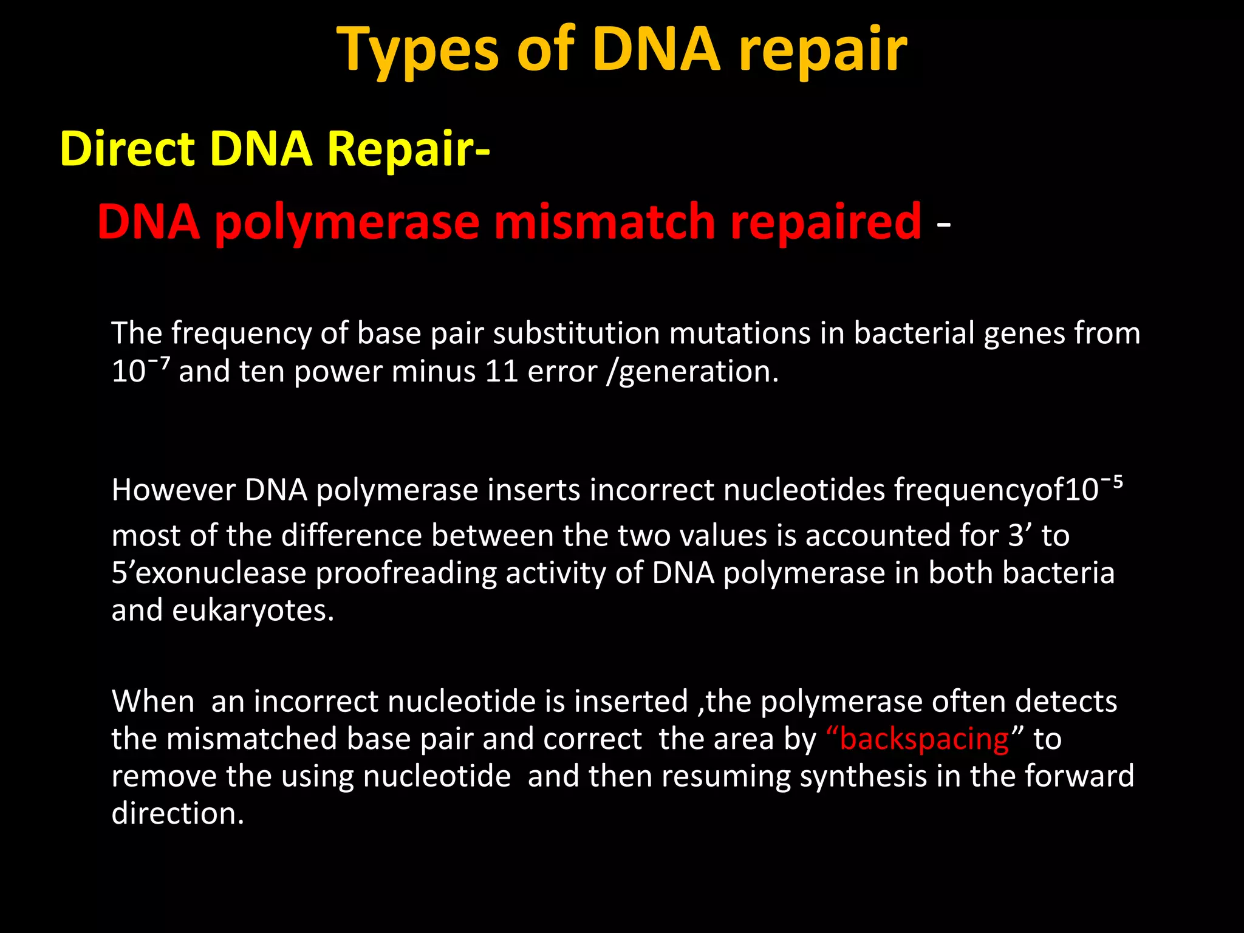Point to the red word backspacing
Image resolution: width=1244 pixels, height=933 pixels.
pyautogui.click(x=924, y=739)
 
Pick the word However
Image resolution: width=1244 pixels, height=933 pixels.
pyautogui.click(x=173, y=490)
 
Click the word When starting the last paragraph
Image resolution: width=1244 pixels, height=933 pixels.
pyautogui.click(x=152, y=702)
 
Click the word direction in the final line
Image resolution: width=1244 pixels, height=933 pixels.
pyautogui.click(x=177, y=814)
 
